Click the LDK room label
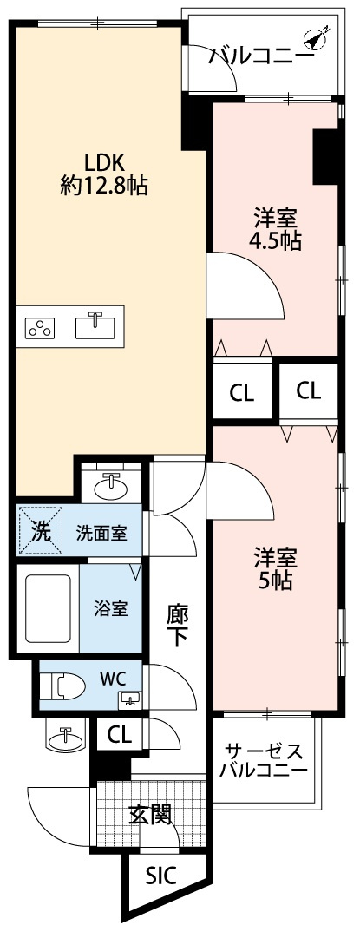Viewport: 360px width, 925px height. click(x=104, y=161)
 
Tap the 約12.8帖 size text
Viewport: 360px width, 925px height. click(x=104, y=185)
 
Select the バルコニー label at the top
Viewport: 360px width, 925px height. click(x=261, y=57)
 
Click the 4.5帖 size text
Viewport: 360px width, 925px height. click(x=275, y=240)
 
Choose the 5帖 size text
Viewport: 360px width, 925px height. click(x=275, y=581)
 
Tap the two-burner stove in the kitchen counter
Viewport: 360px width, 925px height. click(x=40, y=327)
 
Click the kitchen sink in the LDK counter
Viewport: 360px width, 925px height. click(x=95, y=326)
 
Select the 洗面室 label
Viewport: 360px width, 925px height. click(x=101, y=533)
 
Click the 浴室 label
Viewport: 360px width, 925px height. click(x=112, y=607)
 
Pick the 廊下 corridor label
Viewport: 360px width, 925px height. click(x=178, y=624)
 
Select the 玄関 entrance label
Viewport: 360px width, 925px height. click(x=149, y=814)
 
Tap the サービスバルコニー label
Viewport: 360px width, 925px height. click(x=262, y=760)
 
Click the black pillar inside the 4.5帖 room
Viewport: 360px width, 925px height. click(x=325, y=156)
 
